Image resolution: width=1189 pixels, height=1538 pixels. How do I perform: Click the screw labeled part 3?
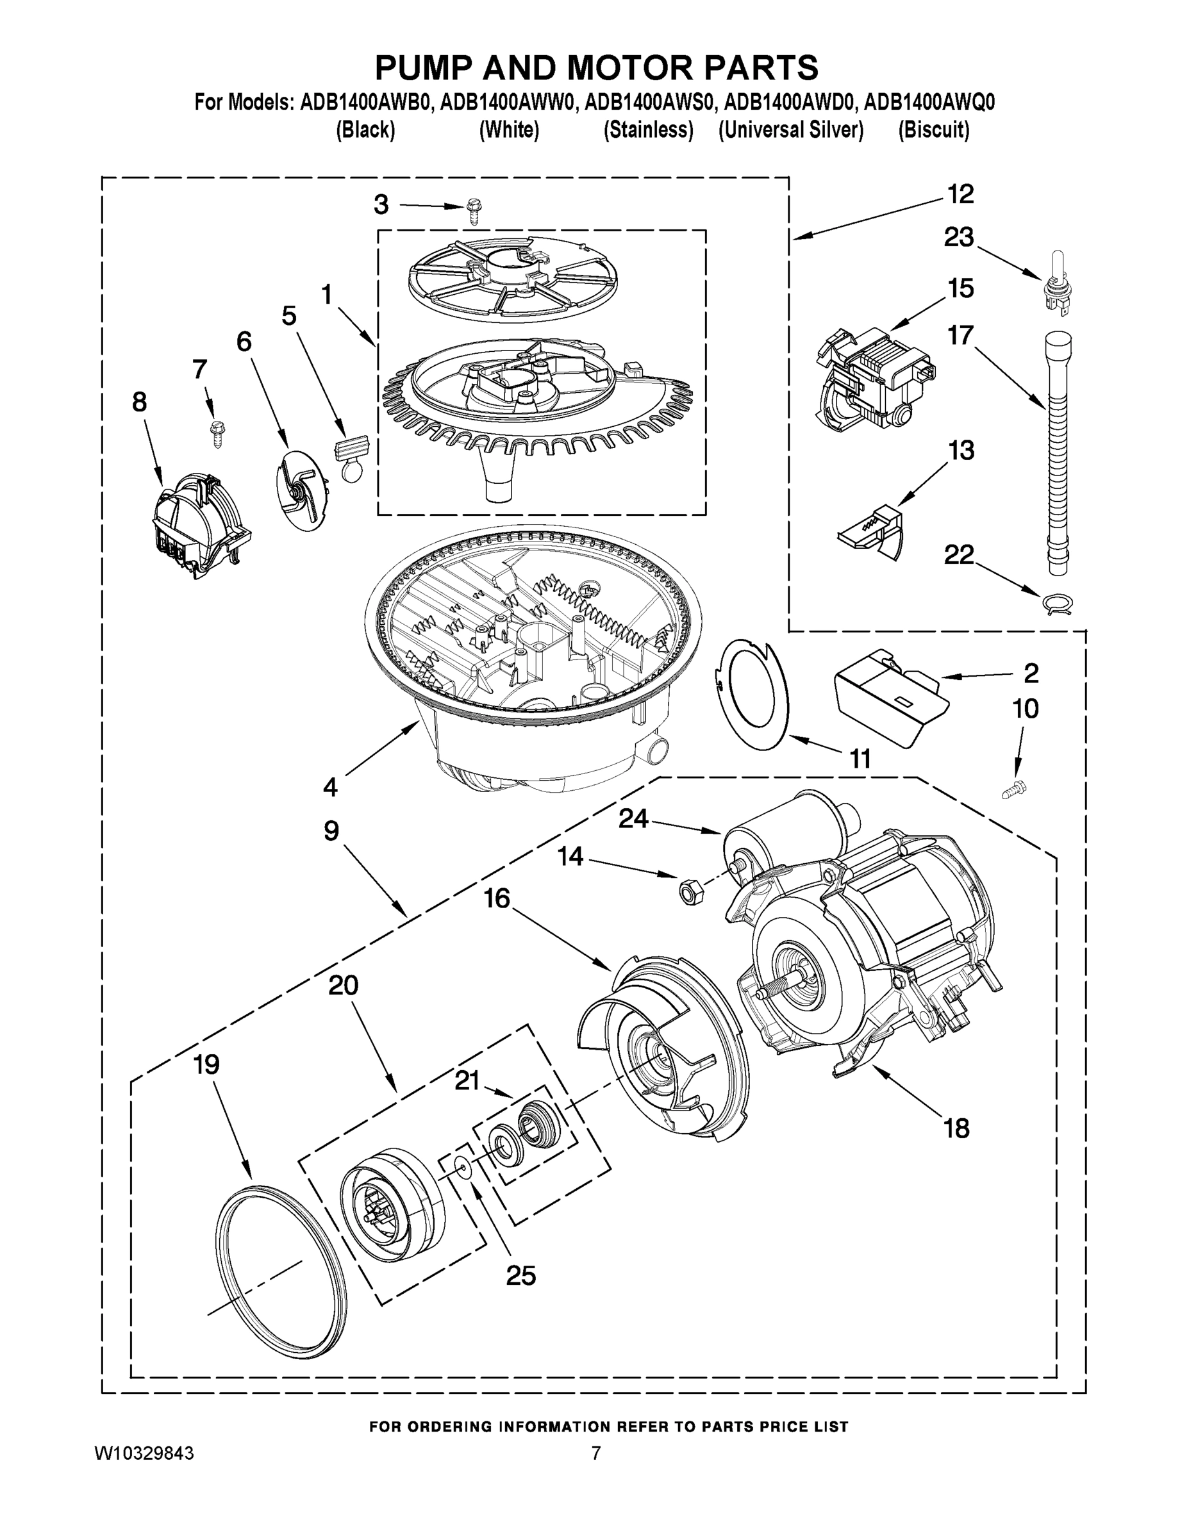click(x=473, y=211)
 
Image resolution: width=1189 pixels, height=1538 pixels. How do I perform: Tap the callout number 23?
click(x=959, y=237)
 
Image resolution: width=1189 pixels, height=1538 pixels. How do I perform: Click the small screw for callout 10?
click(x=1011, y=790)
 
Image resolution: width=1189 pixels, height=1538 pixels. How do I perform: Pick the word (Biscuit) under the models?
click(x=933, y=130)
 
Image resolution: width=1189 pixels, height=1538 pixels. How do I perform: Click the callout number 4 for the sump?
click(x=329, y=786)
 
